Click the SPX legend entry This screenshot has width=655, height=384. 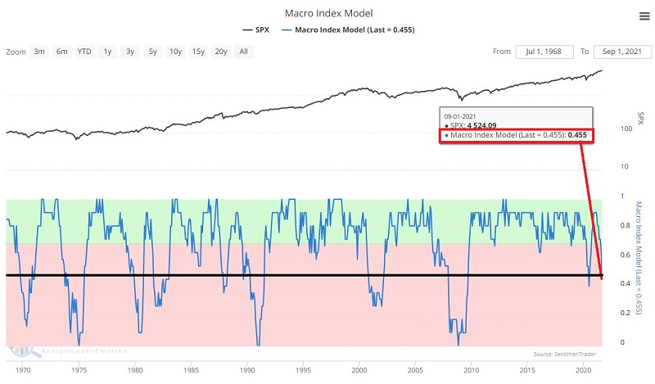pos(255,30)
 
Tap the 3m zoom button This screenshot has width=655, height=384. pos(39,52)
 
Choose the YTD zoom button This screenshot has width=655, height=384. pos(84,52)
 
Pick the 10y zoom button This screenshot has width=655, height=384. pos(175,52)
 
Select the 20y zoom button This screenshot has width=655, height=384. pos(221,52)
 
